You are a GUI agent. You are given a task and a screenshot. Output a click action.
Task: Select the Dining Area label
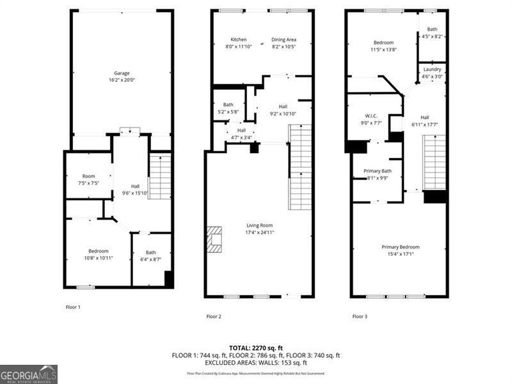pos(284,40)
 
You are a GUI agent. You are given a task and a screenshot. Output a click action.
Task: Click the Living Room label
pos(260,225)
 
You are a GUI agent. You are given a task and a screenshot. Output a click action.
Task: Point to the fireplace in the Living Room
pos(214,238)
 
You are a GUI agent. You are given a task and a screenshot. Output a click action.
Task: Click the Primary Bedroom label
pos(400,247)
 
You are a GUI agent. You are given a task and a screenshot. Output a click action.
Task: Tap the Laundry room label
pos(432,69)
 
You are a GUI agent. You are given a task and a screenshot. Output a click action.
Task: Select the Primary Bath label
pos(376,171)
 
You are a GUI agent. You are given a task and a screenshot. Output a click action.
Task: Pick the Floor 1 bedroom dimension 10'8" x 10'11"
pos(99,258)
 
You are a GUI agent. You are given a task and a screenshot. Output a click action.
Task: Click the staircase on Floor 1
pos(160,176)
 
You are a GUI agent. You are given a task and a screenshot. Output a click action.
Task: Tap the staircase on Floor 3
pos(435,163)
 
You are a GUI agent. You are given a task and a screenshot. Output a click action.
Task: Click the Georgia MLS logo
pos(29,374)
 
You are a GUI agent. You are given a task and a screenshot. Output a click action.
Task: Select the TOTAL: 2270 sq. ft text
pos(255,348)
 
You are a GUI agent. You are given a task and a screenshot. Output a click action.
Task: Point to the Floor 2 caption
pos(214,316)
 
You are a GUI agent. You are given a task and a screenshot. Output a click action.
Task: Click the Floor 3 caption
pos(360,316)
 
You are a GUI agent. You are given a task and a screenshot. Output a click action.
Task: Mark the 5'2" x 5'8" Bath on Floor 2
pos(228,108)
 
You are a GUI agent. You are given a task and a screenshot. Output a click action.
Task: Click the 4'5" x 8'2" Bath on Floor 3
pos(433,33)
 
